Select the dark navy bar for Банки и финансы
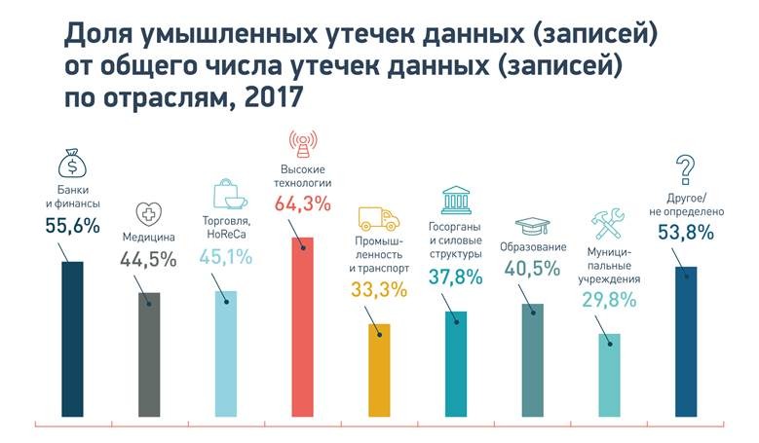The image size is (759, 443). click(x=72, y=341)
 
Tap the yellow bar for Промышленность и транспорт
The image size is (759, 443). click(x=380, y=370)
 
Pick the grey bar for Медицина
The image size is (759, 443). click(x=149, y=355)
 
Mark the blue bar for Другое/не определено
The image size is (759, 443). click(x=686, y=341)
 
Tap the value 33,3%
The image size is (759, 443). click(x=380, y=289)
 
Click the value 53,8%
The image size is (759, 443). click(x=686, y=233)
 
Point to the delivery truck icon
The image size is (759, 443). click(x=379, y=218)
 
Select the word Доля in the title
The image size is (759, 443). click(x=100, y=36)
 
